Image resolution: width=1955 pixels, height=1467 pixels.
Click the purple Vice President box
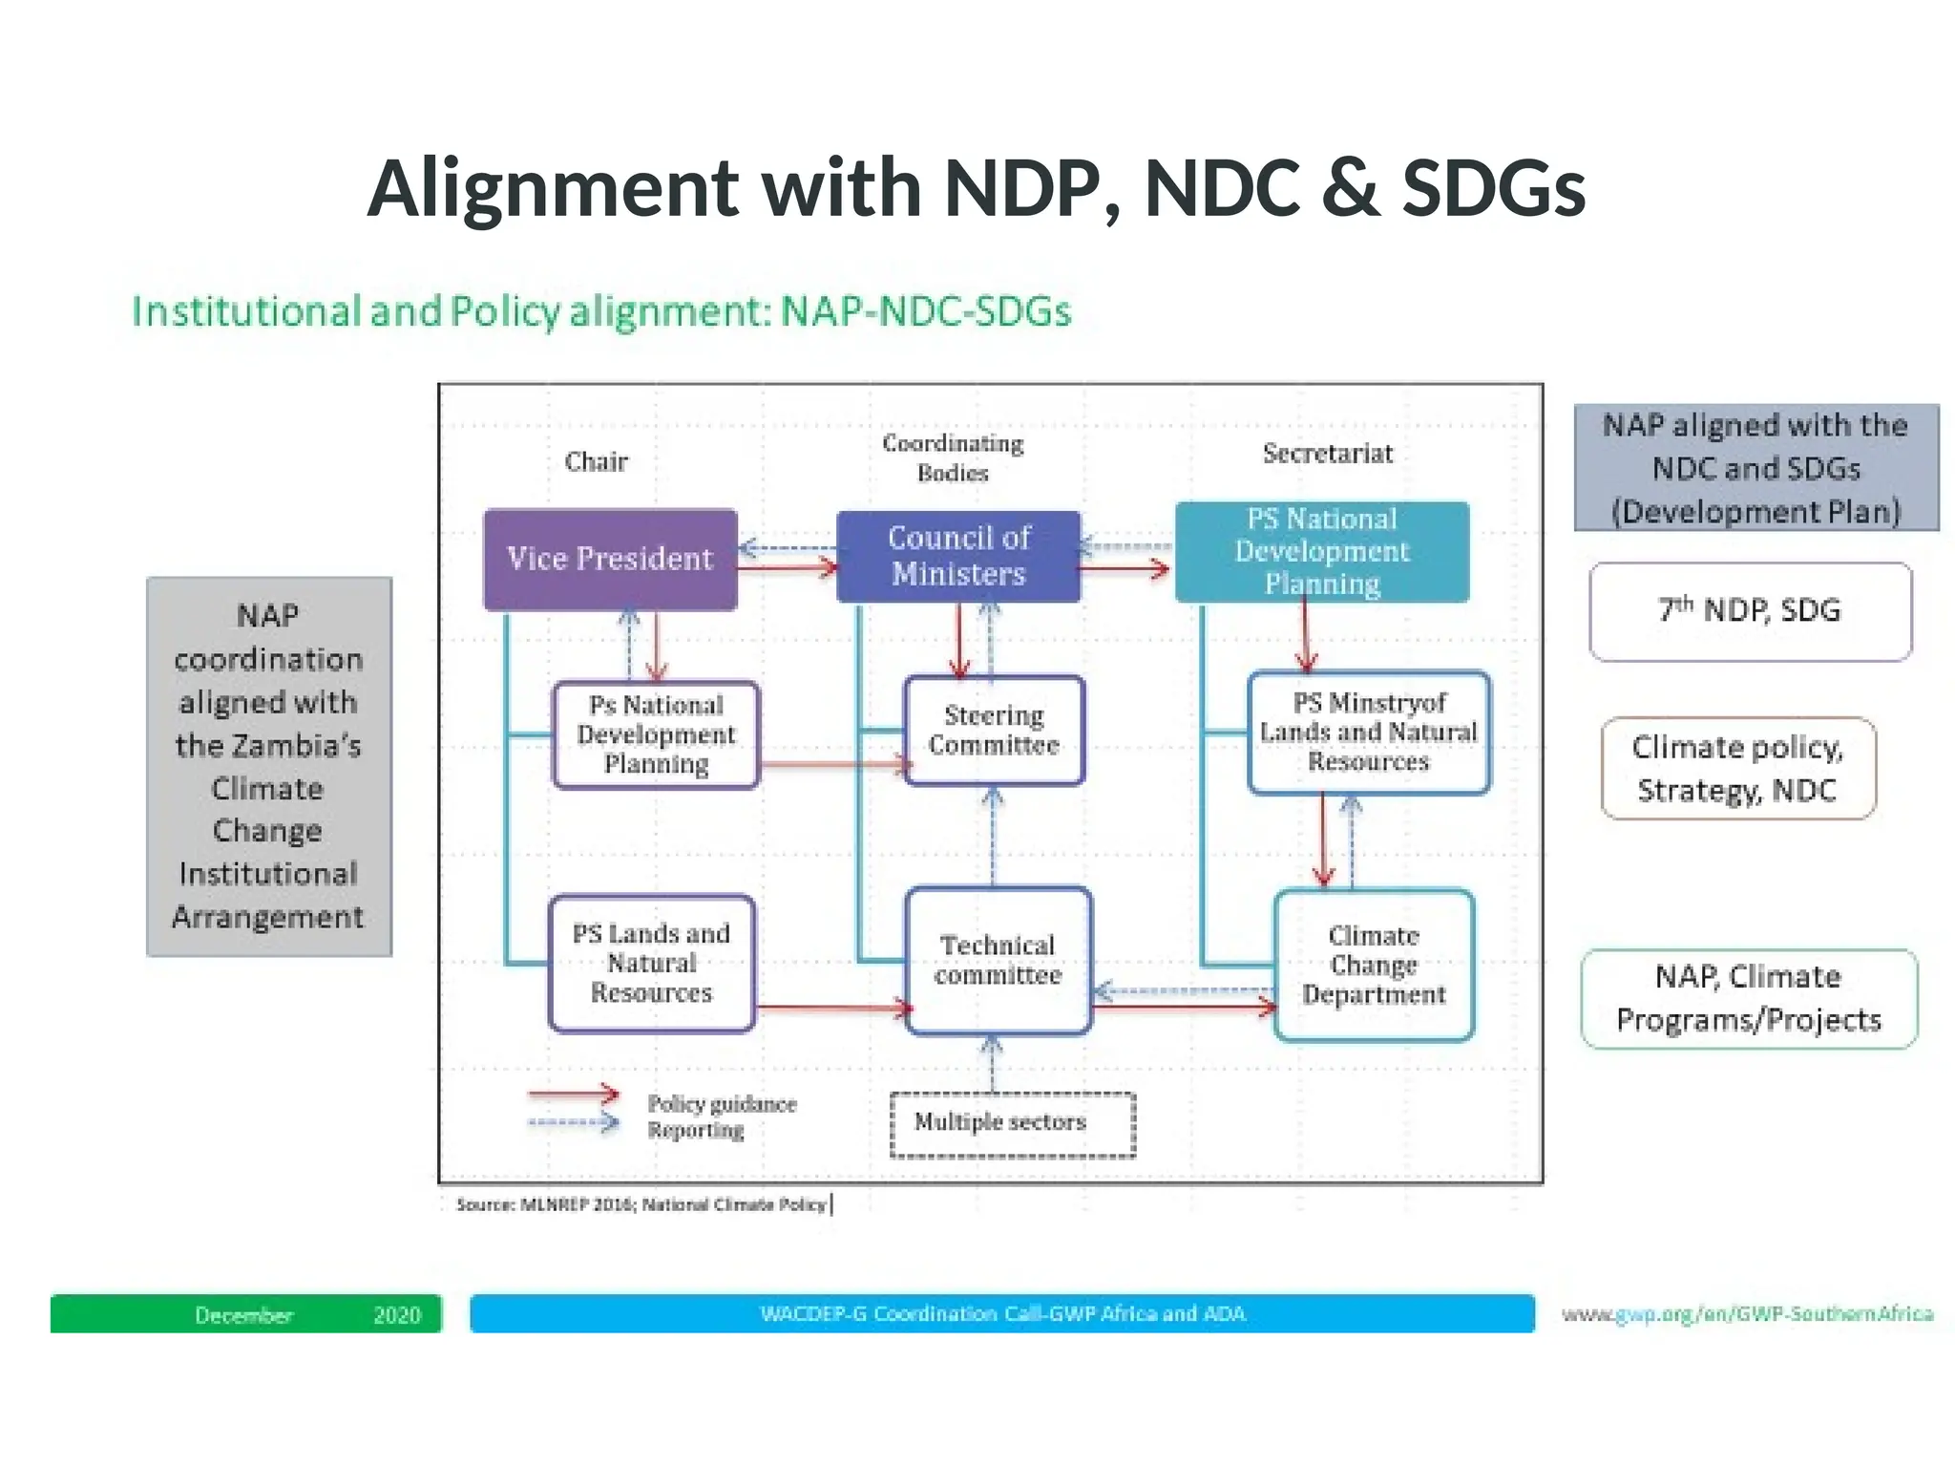point(610,560)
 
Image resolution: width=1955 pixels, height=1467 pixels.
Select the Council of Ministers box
point(958,557)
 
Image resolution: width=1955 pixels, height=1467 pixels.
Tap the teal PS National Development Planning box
point(1322,552)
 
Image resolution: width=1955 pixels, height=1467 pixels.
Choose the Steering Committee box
point(994,731)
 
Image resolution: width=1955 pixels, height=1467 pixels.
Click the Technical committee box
point(998,961)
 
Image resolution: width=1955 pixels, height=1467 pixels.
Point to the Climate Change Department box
point(1374,966)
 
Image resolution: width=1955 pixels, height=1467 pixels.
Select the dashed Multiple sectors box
point(1012,1124)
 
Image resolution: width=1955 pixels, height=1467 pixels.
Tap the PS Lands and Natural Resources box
point(651,964)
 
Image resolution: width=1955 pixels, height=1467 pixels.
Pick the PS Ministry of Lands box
point(1368,733)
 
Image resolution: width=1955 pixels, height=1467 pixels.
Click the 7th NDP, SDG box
point(1750,611)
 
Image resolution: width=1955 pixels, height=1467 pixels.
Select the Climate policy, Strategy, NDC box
point(1737,769)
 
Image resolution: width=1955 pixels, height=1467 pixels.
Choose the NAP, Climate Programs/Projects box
point(1749,999)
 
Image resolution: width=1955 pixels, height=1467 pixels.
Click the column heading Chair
point(596,462)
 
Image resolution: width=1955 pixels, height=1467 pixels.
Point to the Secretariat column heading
point(1328,454)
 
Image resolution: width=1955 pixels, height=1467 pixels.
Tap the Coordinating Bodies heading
point(953,457)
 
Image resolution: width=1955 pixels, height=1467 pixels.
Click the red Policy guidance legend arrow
point(574,1095)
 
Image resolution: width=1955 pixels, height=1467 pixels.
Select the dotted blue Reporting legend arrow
point(574,1123)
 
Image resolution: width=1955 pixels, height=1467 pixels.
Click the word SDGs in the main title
point(1494,188)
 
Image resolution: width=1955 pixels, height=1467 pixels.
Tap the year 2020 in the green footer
point(397,1315)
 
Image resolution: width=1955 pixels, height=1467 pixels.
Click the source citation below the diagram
point(641,1205)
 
